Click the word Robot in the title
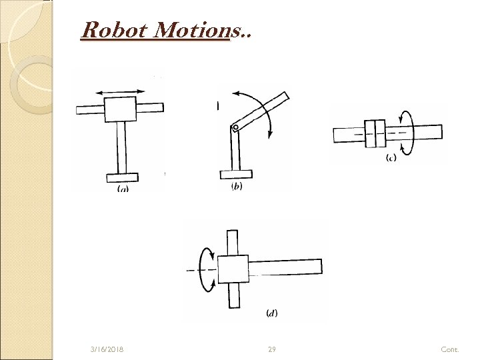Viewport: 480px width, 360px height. click(107, 29)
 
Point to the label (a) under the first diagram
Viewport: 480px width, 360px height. click(123, 188)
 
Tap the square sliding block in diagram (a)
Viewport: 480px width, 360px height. click(121, 109)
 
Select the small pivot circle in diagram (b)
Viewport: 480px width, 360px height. click(234, 127)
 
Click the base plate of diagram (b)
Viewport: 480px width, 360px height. click(236, 175)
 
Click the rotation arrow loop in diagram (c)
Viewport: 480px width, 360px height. click(407, 131)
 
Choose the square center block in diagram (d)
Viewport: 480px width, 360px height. click(233, 269)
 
